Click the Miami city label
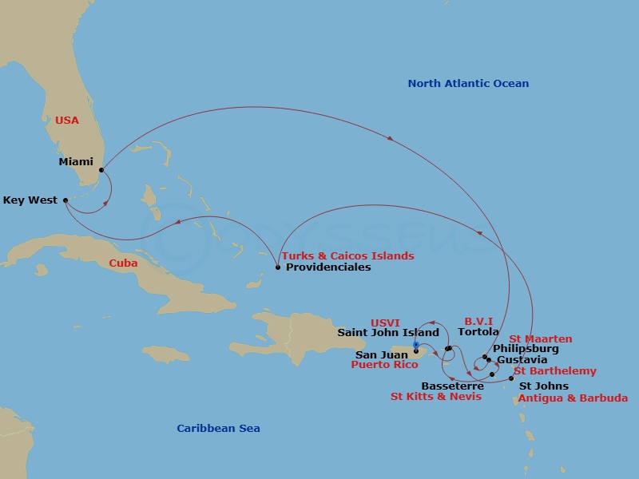pyautogui.click(x=76, y=162)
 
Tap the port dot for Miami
pyautogui.click(x=101, y=170)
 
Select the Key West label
pyautogui.click(x=30, y=200)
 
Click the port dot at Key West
pyautogui.click(x=65, y=200)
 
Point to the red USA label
pyautogui.click(x=67, y=121)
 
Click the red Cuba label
pyautogui.click(x=124, y=263)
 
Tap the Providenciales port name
pyautogui.click(x=328, y=267)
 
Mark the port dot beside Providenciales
pyautogui.click(x=277, y=267)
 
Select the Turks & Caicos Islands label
pyautogui.click(x=347, y=256)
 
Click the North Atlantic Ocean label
pyautogui.click(x=468, y=84)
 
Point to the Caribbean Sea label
pyautogui.click(x=218, y=429)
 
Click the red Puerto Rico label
pyautogui.click(x=385, y=365)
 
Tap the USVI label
pyautogui.click(x=385, y=323)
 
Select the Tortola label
pyautogui.click(x=478, y=332)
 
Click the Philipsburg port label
pyautogui.click(x=526, y=349)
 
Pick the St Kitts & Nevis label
pyautogui.click(x=436, y=397)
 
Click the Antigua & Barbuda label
pyautogui.click(x=573, y=398)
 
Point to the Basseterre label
pyautogui.click(x=452, y=386)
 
